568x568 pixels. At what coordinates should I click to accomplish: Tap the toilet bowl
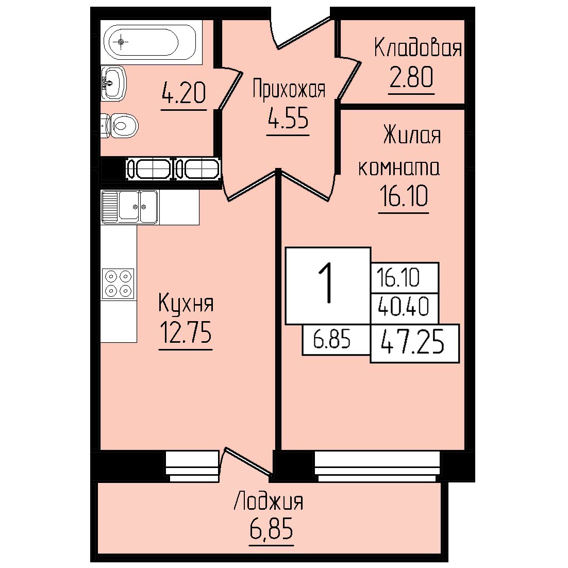[x=120, y=126]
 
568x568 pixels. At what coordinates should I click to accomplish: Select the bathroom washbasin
[x=113, y=83]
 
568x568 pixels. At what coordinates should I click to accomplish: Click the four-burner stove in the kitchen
[x=118, y=283]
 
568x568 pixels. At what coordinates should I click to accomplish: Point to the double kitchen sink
[x=130, y=207]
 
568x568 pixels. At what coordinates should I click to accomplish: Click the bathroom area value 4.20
[x=183, y=93]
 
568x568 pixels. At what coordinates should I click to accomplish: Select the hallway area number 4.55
[x=288, y=118]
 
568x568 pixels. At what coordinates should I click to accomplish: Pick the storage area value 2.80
[x=411, y=77]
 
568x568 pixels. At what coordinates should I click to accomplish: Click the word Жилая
[x=412, y=135]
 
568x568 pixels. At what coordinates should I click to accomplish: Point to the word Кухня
[x=186, y=304]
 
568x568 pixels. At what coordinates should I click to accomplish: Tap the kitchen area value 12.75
[x=186, y=332]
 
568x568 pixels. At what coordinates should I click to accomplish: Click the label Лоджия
[x=269, y=502]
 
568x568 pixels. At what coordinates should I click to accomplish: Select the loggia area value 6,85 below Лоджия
[x=271, y=530]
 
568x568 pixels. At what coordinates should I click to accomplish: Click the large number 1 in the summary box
[x=327, y=283]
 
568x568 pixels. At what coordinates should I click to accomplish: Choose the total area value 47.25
[x=412, y=342]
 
